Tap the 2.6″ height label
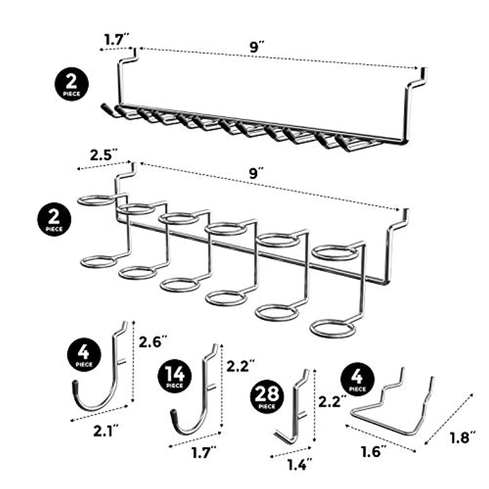click(152, 341)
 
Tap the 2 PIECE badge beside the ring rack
click(54, 220)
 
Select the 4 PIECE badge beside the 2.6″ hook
click(83, 354)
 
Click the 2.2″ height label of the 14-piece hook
click(239, 366)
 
